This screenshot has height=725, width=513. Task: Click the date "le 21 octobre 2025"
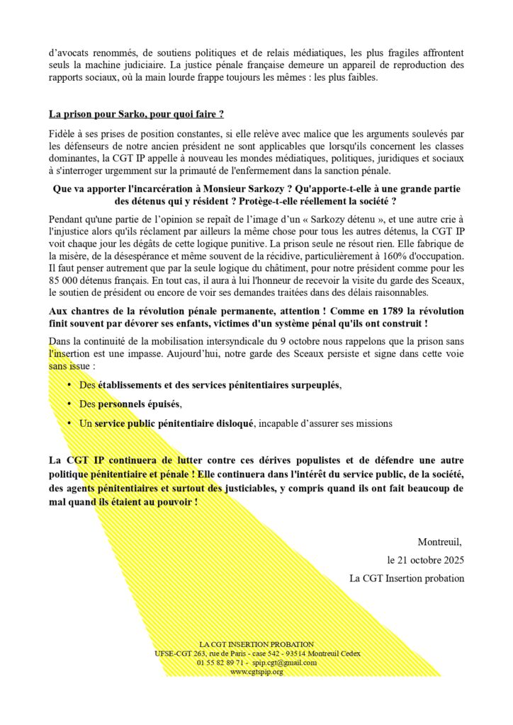[425, 560]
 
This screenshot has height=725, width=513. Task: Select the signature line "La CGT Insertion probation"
[407, 578]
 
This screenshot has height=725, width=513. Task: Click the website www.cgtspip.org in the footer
[256, 671]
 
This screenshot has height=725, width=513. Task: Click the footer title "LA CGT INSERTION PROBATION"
[256, 644]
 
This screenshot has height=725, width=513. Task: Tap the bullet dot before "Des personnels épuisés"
[69, 404]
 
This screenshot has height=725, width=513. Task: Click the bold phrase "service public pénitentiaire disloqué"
[174, 423]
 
